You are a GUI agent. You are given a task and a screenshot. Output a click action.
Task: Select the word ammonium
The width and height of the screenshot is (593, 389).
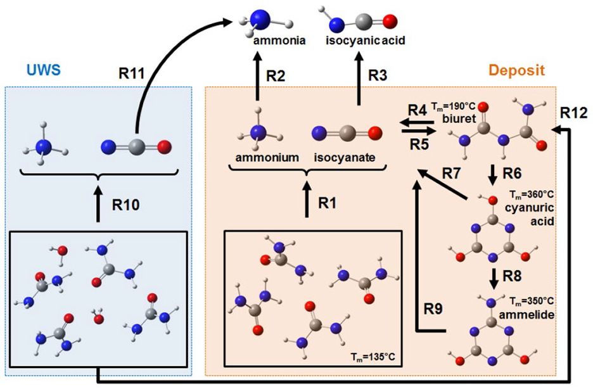pos(267,157)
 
